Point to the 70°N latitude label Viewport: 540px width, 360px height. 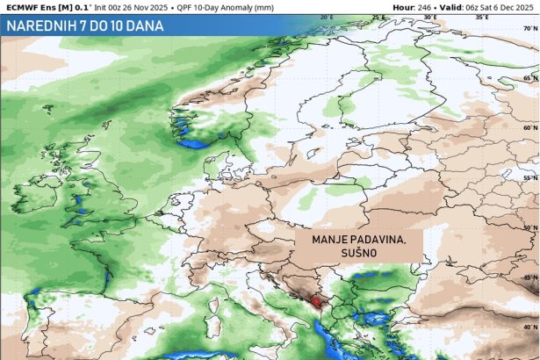pos(530,27)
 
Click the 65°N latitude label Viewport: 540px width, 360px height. pos(530,79)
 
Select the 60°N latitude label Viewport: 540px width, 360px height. pos(530,127)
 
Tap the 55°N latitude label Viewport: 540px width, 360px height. pos(530,176)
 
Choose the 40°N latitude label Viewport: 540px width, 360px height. pos(530,327)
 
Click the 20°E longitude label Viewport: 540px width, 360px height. pos(327,16)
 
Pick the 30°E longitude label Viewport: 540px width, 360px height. pos(430,16)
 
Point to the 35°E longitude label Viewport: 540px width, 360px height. pos(482,16)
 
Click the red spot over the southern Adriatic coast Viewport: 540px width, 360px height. pos(316,300)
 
